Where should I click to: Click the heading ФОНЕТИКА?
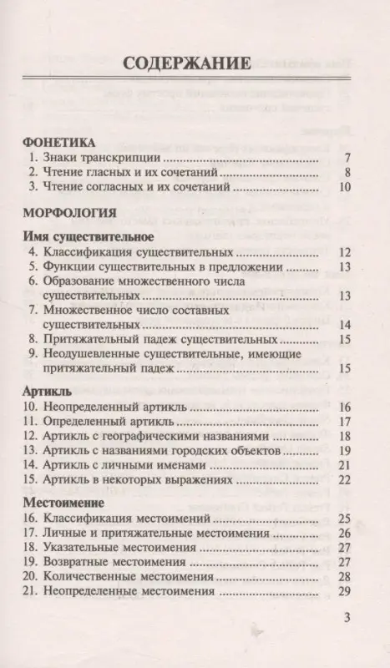pos(58,142)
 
